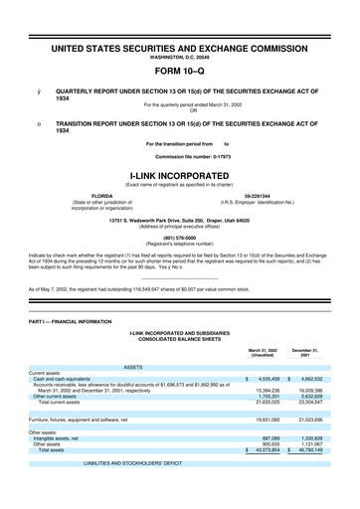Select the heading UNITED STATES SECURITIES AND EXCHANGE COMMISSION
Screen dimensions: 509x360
click(180, 46)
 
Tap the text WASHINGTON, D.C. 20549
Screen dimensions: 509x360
click(180, 56)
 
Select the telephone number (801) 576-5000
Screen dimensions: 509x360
click(180, 236)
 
